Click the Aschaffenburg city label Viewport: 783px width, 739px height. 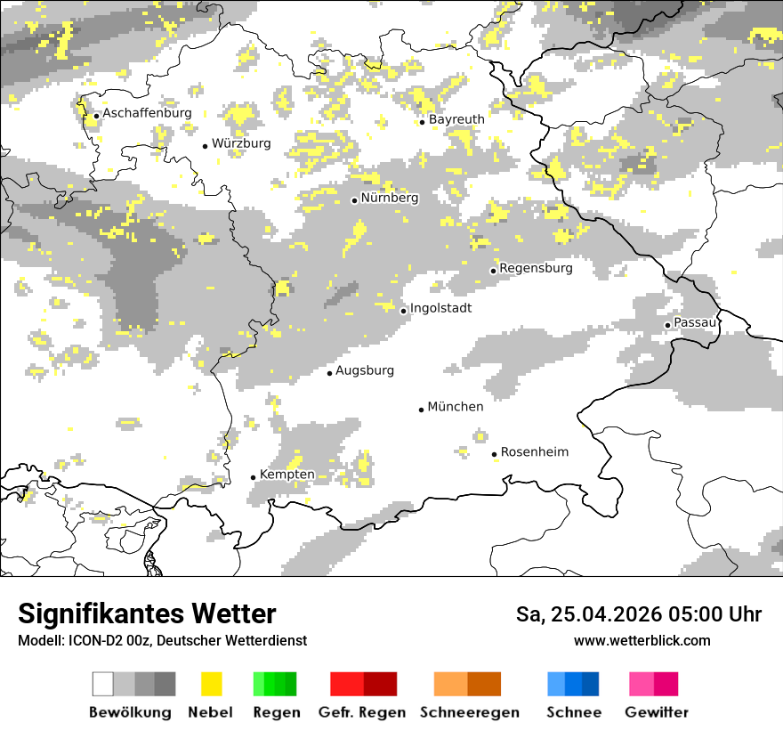pyautogui.click(x=147, y=113)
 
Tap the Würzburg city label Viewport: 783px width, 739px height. pyautogui.click(x=241, y=143)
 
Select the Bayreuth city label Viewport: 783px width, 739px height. pyautogui.click(x=456, y=119)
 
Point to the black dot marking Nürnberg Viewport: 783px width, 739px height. pyautogui.click(x=354, y=200)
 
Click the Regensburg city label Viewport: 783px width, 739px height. pyautogui.click(x=536, y=268)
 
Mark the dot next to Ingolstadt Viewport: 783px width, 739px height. pyautogui.click(x=403, y=311)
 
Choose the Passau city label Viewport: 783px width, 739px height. pyautogui.click(x=695, y=322)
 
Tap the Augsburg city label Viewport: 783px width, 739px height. pyautogui.click(x=365, y=370)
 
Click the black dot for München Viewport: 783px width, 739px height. pyautogui.click(x=422, y=410)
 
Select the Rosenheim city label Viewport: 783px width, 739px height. pyautogui.click(x=535, y=452)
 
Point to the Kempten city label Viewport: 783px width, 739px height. pyautogui.click(x=287, y=475)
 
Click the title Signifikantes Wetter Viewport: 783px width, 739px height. pyautogui.click(x=147, y=613)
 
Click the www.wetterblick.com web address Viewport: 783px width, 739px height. pyautogui.click(x=642, y=640)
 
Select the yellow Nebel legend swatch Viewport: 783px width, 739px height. pyautogui.click(x=212, y=684)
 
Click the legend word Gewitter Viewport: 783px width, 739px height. pyautogui.click(x=657, y=712)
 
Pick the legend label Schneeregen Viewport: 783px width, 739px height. pyautogui.click(x=470, y=712)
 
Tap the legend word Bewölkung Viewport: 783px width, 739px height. pyautogui.click(x=130, y=712)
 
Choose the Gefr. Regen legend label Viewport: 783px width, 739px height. pyautogui.click(x=362, y=712)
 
